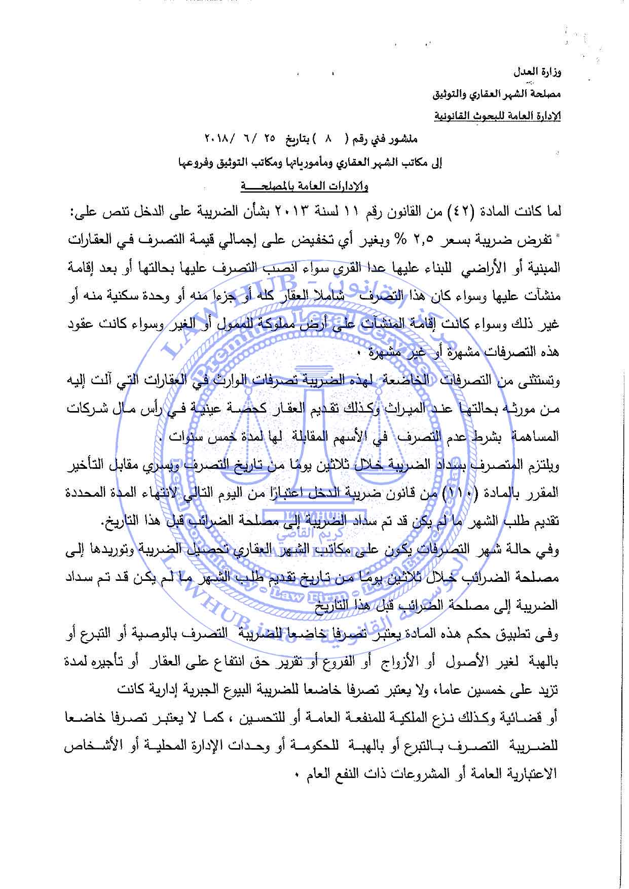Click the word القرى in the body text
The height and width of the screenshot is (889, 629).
(332, 268)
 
